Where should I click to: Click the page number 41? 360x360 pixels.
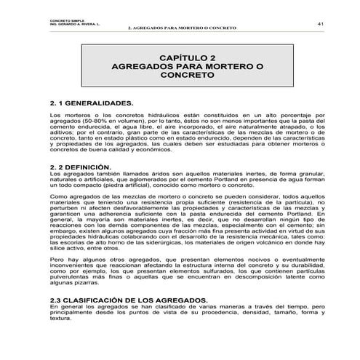tap(320, 25)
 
